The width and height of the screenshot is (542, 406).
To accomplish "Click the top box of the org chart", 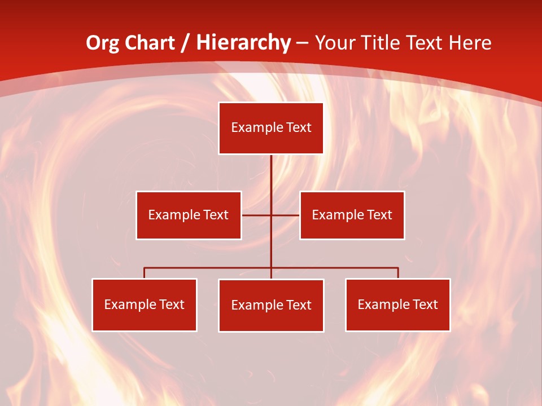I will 271,128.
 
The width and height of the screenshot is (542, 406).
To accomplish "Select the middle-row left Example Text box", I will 189,215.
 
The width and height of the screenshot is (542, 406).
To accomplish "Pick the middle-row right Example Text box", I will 352,215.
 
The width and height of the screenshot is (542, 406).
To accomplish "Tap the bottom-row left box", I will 145,304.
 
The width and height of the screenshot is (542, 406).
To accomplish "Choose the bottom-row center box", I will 271,305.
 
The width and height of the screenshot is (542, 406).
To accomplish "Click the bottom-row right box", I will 398,304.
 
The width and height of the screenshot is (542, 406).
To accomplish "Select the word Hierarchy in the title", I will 243,43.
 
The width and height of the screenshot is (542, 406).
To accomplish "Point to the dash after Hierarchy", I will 303,43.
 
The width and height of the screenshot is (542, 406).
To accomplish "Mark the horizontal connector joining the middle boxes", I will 257,215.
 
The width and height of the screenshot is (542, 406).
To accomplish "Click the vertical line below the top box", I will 271,175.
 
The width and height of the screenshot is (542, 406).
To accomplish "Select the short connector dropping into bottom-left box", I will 145,273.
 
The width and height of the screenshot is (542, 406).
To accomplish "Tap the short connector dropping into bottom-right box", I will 398,273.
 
